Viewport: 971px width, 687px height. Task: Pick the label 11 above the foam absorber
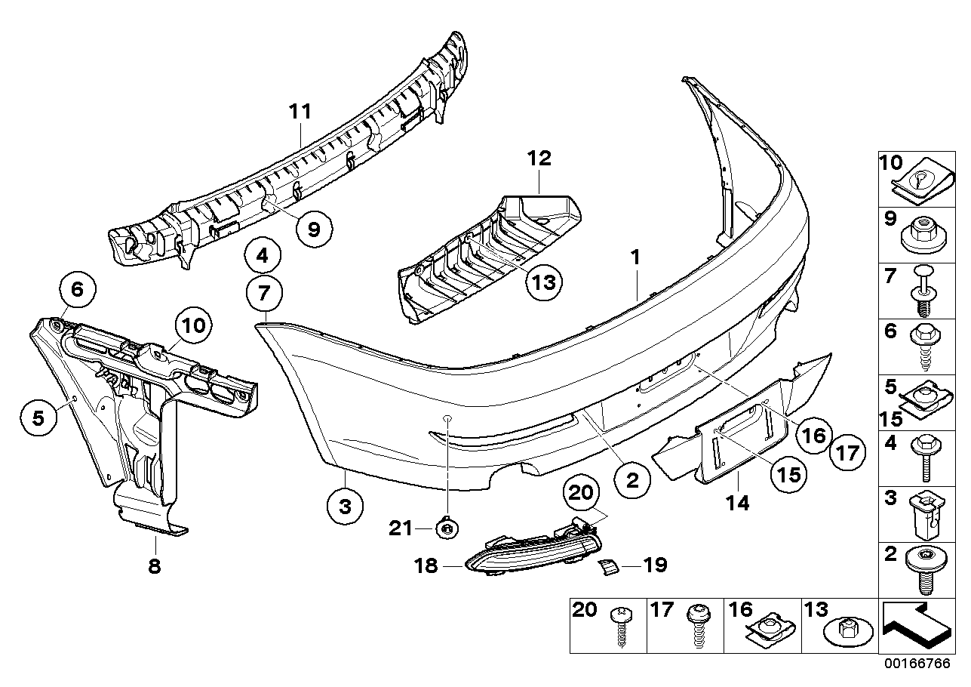click(x=300, y=112)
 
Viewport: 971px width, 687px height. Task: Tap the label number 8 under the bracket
click(x=154, y=566)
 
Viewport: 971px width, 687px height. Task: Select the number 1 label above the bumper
click(x=635, y=257)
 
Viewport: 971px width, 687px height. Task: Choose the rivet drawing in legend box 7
click(x=922, y=291)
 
